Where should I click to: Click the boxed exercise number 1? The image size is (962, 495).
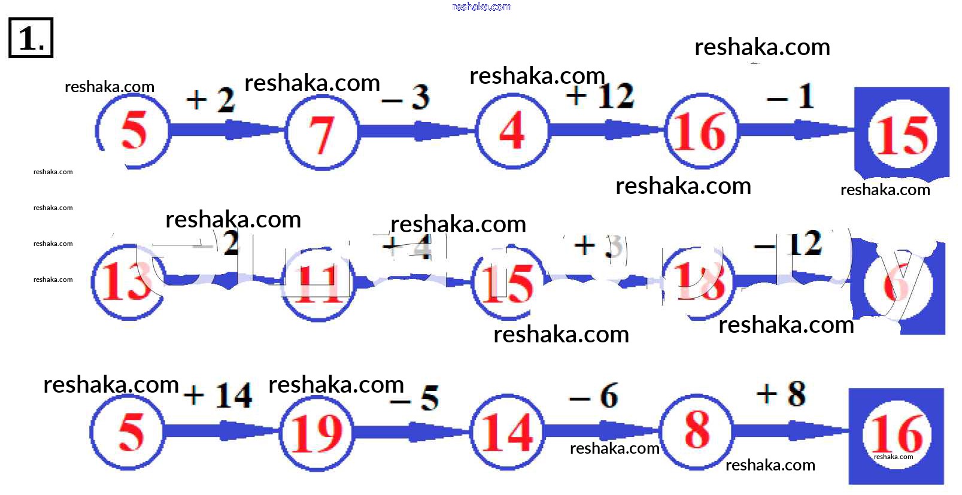[x=31, y=38]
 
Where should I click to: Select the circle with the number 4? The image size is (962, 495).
[x=512, y=130]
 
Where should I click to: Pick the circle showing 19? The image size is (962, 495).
[x=316, y=432]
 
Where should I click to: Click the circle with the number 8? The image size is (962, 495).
[x=696, y=430]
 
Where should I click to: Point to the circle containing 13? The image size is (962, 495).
[x=127, y=282]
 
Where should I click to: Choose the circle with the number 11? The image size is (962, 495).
[x=318, y=283]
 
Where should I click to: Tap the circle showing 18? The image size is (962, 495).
[x=699, y=282]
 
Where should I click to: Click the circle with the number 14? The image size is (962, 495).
[x=507, y=432]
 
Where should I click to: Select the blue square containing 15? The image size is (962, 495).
[x=902, y=133]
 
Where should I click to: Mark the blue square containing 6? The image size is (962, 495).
[x=898, y=286]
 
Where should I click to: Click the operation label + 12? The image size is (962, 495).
[x=600, y=96]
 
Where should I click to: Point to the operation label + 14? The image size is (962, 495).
[x=218, y=396]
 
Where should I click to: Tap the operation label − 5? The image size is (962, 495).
[x=415, y=397]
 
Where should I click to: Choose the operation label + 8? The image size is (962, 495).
[x=781, y=394]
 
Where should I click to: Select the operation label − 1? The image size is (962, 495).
[x=791, y=96]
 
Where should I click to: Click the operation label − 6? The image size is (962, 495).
[x=594, y=396]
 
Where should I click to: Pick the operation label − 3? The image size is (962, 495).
[x=406, y=98]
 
